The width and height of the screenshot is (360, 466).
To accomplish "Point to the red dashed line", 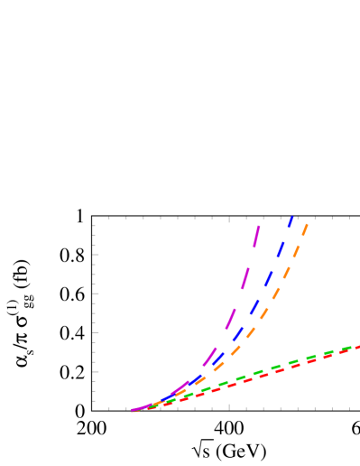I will tap(271, 374).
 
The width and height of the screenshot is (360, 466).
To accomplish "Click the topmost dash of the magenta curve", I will tap(257, 237).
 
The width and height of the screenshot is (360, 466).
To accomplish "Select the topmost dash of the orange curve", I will tap(305, 229).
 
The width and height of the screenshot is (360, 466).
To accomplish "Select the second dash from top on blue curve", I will tap(281, 248).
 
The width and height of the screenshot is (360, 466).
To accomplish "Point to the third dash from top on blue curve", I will tap(269, 277).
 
